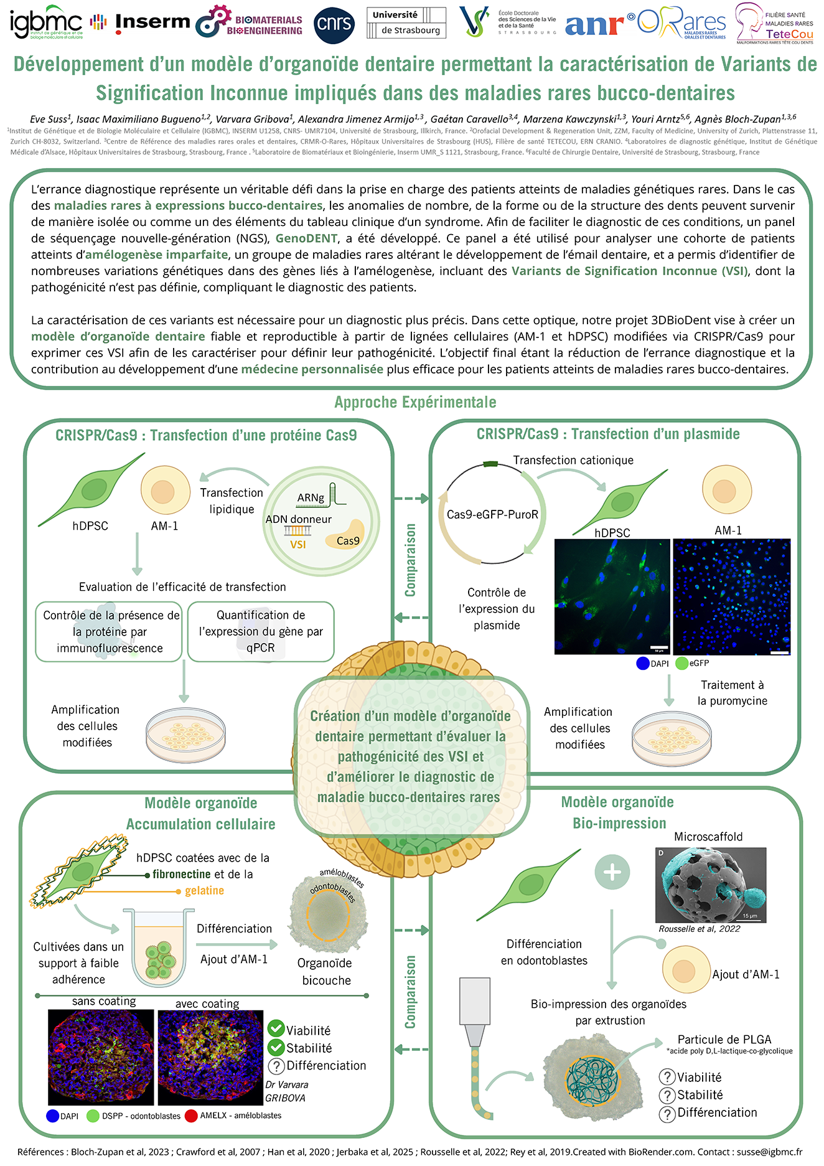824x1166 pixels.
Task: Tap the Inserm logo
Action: (x=152, y=22)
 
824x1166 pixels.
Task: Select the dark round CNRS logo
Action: (x=334, y=26)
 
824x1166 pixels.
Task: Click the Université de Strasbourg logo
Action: (x=406, y=23)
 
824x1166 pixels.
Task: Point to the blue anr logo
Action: (x=594, y=25)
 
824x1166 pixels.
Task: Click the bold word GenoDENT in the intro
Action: (x=306, y=238)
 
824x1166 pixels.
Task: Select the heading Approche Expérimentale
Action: (x=415, y=402)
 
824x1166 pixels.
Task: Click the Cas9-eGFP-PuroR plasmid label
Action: (x=492, y=515)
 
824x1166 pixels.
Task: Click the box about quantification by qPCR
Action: (x=261, y=631)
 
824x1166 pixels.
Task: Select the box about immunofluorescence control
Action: (x=110, y=631)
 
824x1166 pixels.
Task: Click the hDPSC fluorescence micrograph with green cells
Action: (x=612, y=596)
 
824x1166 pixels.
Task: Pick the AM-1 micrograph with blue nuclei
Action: (x=731, y=596)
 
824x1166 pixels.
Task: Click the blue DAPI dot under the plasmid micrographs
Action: (x=643, y=664)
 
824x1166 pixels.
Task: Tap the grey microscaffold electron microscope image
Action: (x=710, y=885)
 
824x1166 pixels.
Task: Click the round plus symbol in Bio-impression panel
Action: (x=612, y=872)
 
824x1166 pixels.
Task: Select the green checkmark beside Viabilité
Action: (x=276, y=1030)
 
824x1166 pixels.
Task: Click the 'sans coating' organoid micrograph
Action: (x=101, y=1057)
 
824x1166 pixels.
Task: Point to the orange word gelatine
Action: (x=204, y=891)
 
